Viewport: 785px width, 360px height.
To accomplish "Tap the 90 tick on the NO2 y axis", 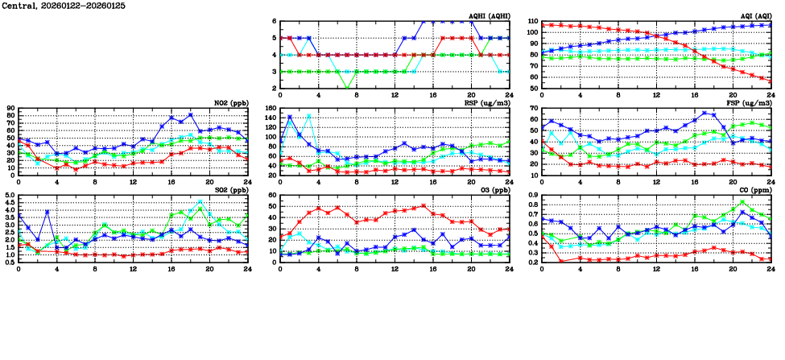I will [10, 108].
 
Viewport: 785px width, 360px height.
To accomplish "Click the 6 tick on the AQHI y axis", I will [274, 22].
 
